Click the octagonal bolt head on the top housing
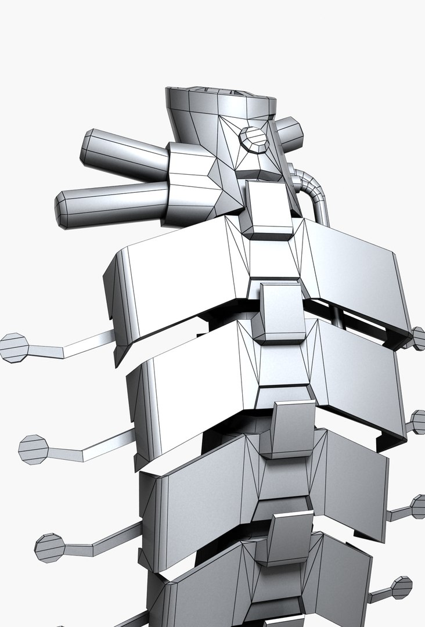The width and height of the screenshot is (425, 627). pyautogui.click(x=253, y=140)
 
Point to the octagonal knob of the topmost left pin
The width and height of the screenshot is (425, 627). pyautogui.click(x=14, y=347)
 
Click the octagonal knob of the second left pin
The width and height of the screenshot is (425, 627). pyautogui.click(x=34, y=448)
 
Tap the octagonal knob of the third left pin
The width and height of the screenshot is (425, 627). pyautogui.click(x=50, y=547)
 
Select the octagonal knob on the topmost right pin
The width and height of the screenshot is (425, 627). pyautogui.click(x=418, y=338)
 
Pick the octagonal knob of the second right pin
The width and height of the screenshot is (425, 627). pyautogui.click(x=418, y=422)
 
